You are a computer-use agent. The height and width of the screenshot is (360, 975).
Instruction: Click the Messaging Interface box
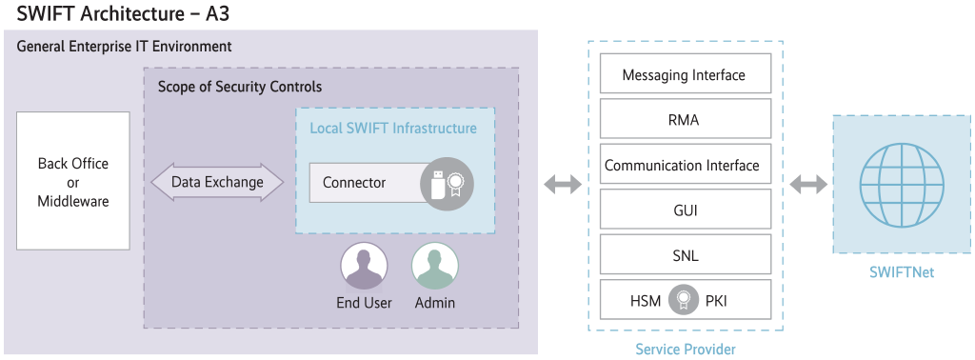click(x=684, y=74)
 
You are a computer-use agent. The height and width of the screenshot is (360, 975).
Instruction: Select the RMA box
click(x=684, y=120)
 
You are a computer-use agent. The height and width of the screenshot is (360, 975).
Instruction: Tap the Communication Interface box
click(x=684, y=166)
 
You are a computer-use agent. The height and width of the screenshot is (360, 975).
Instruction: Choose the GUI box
click(x=684, y=210)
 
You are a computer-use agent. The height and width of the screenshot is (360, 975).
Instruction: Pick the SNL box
click(x=684, y=255)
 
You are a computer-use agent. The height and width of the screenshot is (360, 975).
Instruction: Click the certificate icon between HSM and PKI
click(x=683, y=301)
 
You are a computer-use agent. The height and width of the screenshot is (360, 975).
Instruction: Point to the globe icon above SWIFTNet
click(x=902, y=184)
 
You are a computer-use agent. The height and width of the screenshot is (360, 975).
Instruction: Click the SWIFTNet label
click(x=901, y=272)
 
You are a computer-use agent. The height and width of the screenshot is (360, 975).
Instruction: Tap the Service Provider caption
click(x=685, y=349)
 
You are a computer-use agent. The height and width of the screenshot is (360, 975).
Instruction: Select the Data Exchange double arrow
click(x=217, y=182)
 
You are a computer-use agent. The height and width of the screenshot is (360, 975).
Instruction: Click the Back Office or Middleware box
click(x=73, y=182)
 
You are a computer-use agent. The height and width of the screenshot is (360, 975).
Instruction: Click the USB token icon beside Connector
click(x=447, y=183)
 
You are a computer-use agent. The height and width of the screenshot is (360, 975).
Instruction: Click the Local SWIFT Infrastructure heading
click(x=393, y=128)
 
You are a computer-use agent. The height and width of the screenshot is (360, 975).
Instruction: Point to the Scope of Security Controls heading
click(x=240, y=87)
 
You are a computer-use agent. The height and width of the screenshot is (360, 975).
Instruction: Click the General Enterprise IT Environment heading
click(x=124, y=46)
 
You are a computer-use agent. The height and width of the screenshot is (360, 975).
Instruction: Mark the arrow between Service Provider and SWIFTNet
click(x=808, y=184)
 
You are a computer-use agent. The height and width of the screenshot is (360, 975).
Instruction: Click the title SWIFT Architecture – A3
click(x=122, y=14)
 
